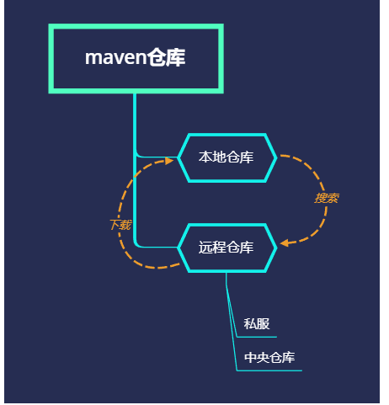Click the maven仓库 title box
[x=136, y=58]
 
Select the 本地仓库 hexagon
[x=226, y=157]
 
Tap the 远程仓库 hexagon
[x=226, y=248]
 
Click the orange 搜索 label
[x=327, y=199]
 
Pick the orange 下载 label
[x=120, y=225]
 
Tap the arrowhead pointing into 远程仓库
[x=285, y=243]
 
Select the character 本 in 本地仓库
[x=205, y=157]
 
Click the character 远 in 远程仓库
[x=205, y=248]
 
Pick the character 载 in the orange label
[x=125, y=225]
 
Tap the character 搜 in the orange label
[x=321, y=199]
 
